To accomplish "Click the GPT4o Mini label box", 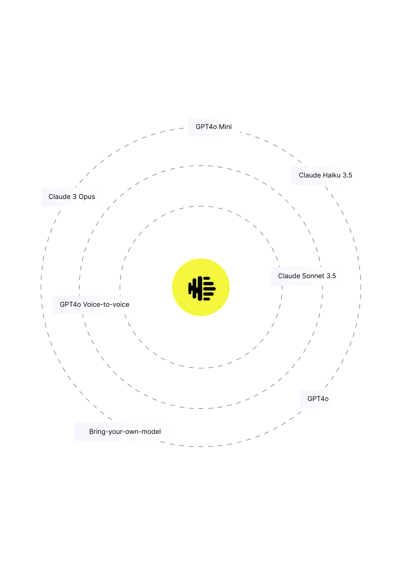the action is [214, 127].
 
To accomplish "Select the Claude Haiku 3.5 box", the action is [326, 175].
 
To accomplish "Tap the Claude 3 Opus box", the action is [73, 197].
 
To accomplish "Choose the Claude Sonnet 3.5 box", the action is [307, 276].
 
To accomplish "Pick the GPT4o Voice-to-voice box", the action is [95, 305].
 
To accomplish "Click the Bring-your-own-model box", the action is [124, 431].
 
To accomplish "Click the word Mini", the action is [225, 127].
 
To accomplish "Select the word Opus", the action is [87, 197].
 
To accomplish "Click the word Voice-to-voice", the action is [106, 305].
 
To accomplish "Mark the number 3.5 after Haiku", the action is [347, 175].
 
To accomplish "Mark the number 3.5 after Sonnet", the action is [331, 276].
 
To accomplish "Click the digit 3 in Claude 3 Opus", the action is [75, 197].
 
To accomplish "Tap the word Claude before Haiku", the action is [310, 175].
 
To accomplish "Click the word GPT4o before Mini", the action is [206, 127].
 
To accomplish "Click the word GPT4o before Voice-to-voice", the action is [70, 305].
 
